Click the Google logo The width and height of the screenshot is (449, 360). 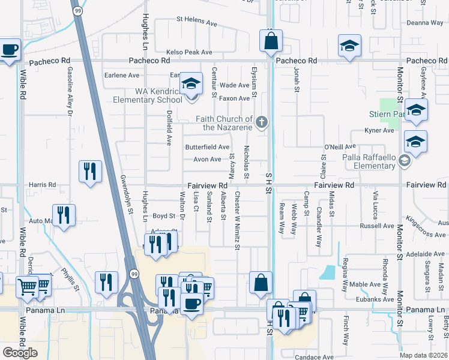pos(20,353)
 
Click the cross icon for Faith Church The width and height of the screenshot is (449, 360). pos(261,122)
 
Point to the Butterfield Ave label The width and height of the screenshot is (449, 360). pos(207,147)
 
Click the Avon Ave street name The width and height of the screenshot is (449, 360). pos(207,160)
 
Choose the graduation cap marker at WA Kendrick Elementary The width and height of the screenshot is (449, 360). pos(191,84)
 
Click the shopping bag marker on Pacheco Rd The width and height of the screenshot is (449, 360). pos(271,41)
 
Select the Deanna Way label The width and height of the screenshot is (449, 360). pos(425,23)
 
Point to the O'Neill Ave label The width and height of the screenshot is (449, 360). pos(340,146)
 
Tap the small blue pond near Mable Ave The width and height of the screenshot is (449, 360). pos(328,272)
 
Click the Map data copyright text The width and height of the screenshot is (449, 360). pos(424,355)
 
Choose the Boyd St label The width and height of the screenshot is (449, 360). pos(163,216)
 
